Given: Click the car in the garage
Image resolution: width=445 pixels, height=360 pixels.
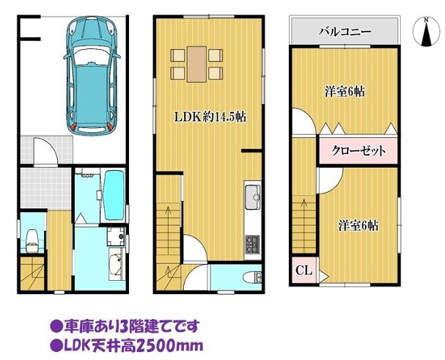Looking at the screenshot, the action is pyautogui.click(x=92, y=75).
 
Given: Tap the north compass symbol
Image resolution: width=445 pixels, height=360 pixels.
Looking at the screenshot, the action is pyautogui.click(x=425, y=32).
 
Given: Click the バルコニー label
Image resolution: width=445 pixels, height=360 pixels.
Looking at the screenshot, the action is pyautogui.click(x=345, y=32).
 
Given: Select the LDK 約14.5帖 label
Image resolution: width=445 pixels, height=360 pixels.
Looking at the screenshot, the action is pyautogui.click(x=210, y=117).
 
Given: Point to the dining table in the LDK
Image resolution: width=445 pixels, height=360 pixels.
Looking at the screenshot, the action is pyautogui.click(x=196, y=65).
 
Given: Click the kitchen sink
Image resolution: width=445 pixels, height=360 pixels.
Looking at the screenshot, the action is pyautogui.click(x=253, y=196).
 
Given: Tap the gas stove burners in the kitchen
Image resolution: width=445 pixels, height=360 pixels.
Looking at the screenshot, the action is pyautogui.click(x=252, y=244).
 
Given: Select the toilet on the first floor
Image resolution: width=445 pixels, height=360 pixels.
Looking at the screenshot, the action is pyautogui.click(x=32, y=240).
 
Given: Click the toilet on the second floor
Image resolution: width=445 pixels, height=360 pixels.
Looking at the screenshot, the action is pyautogui.click(x=252, y=277).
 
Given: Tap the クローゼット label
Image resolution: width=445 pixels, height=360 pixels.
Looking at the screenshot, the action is pyautogui.click(x=358, y=151).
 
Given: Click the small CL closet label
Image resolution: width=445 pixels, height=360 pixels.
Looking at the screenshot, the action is pyautogui.click(x=304, y=270).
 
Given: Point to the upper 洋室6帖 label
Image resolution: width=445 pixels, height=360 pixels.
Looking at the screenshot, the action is pyautogui.click(x=345, y=92).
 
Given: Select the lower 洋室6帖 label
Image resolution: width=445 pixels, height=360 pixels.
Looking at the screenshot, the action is pyautogui.click(x=358, y=226).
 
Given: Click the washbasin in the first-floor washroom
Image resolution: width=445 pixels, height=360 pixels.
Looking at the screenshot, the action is pyautogui.click(x=117, y=263).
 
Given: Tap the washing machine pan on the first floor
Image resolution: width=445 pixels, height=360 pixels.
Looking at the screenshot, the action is pyautogui.click(x=116, y=236).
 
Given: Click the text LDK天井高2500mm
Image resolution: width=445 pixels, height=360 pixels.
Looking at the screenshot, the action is pyautogui.click(x=127, y=345).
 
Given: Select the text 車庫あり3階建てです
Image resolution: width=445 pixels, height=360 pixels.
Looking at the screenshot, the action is pyautogui.click(x=124, y=326).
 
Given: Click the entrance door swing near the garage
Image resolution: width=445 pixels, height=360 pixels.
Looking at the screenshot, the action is pyautogui.click(x=46, y=150).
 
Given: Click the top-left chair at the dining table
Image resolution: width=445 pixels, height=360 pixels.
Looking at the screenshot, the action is pyautogui.click(x=178, y=56).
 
